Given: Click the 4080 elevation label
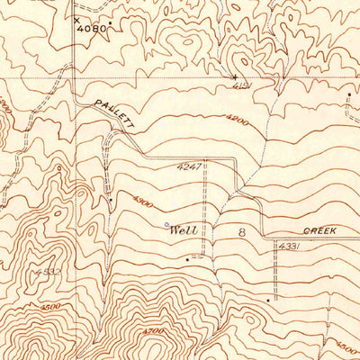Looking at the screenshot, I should coord(93,28).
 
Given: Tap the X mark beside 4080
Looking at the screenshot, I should coord(76,18).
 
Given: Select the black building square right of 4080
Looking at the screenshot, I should coord(111,19).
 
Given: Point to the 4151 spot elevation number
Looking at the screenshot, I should coord(238,87).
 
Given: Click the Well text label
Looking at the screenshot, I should coord(184,230).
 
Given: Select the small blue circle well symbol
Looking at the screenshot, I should coord(166,224).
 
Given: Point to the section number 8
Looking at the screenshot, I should coord(241,232).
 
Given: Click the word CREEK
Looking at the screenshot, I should coord(319,230).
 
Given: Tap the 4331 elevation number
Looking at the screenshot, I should coord(288,245).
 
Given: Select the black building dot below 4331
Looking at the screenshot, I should coord(269,298).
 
